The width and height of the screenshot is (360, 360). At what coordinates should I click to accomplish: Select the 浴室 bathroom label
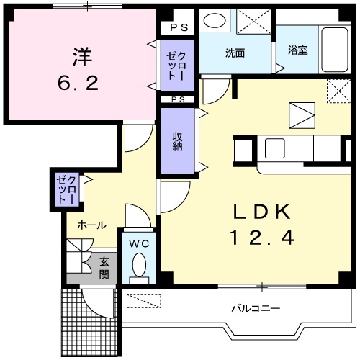click(x=298, y=50)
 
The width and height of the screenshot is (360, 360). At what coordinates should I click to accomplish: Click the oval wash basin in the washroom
click(x=214, y=20)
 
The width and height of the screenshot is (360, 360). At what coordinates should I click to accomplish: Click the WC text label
click(x=138, y=243)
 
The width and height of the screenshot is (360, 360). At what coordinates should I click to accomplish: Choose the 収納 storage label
click(x=177, y=141)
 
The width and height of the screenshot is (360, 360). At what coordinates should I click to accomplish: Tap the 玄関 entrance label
click(x=104, y=268)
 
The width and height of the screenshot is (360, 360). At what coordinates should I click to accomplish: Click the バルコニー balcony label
click(x=256, y=308)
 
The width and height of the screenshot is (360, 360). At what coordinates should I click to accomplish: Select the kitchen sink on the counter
click(x=276, y=148)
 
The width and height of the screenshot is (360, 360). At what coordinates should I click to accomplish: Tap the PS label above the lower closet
click(x=177, y=99)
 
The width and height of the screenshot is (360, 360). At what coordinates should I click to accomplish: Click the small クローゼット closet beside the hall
click(x=67, y=188)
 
